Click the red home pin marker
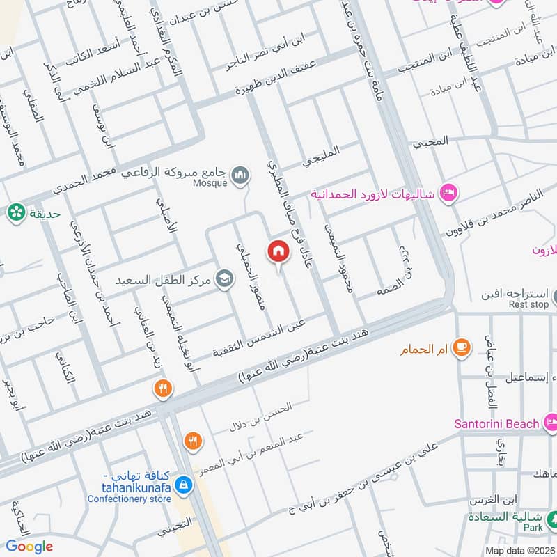[x=278, y=251]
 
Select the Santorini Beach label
[x=496, y=423]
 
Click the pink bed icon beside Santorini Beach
[x=551, y=421]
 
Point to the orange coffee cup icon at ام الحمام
[x=460, y=346]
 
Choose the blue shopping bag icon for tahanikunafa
[x=183, y=485]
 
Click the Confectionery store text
[x=130, y=499]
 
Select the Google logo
[x=29, y=547]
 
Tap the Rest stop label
[x=528, y=304]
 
